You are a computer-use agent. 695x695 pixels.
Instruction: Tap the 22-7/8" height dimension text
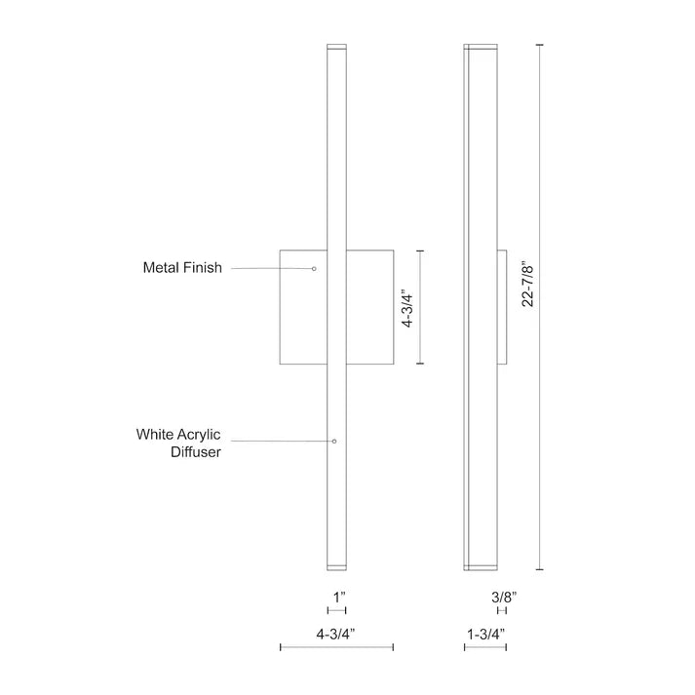[527, 284]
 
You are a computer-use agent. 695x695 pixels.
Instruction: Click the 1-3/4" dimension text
[485, 633]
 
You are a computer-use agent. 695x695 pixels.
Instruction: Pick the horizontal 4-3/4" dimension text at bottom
[335, 633]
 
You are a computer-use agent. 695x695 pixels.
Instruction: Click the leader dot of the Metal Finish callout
[314, 267]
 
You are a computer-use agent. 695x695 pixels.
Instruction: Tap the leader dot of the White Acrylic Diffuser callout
[335, 442]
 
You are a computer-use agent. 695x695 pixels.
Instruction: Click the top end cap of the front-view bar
[336, 46]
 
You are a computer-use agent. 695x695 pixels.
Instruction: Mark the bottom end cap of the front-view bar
[336, 566]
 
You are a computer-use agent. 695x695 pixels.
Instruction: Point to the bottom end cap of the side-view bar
[480, 566]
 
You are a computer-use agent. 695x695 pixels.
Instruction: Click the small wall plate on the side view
[502, 306]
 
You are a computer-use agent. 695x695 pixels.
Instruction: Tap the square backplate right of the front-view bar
[370, 306]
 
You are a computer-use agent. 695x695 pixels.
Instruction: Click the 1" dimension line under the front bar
[336, 610]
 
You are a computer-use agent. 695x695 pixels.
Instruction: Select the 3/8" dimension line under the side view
[503, 610]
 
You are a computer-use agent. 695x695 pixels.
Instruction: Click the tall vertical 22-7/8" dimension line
[541, 306]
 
